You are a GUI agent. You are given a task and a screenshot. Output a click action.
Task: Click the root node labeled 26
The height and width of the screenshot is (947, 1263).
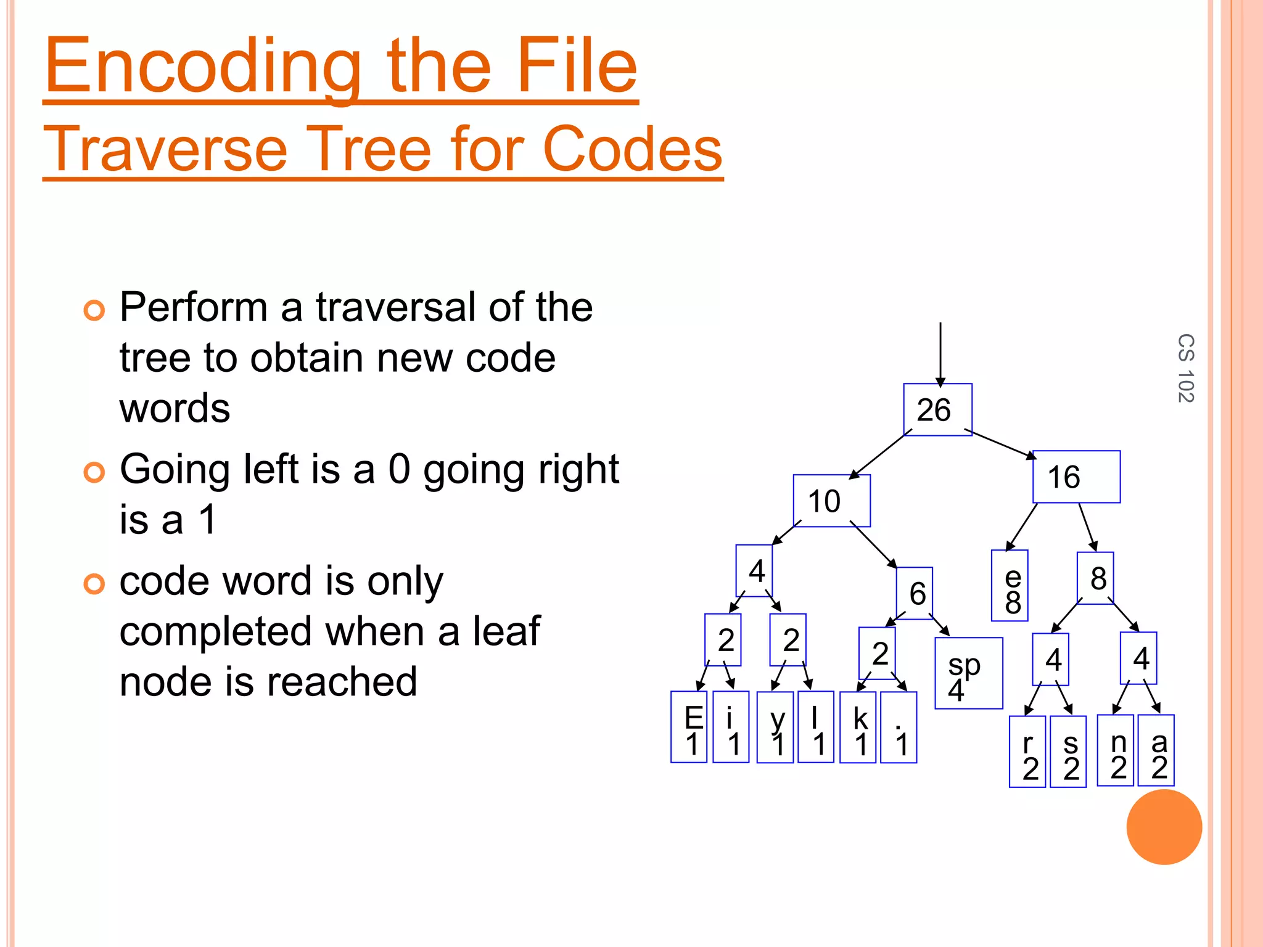[x=937, y=409]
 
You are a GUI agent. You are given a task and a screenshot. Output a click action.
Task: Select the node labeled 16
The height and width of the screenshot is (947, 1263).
[x=1076, y=477]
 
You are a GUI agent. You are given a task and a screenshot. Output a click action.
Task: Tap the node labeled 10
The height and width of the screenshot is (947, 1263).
[x=831, y=501]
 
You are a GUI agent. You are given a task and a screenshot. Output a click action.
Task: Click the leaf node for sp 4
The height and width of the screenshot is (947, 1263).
[x=968, y=673]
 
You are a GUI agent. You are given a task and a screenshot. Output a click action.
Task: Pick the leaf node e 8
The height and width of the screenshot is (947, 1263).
[x=1010, y=585]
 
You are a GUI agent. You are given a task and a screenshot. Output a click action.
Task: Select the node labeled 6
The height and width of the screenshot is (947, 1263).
[x=914, y=593]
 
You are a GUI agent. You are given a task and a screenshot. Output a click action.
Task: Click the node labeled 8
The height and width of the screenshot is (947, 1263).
[x=1095, y=578]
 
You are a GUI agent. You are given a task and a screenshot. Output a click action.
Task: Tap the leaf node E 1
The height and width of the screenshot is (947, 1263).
[x=689, y=727]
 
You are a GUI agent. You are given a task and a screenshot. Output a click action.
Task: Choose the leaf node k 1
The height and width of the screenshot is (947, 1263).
[x=858, y=728]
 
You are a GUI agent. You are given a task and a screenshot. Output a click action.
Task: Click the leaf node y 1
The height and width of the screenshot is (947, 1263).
[x=775, y=728]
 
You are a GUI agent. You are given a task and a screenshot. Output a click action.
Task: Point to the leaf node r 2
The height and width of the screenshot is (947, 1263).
[x=1027, y=752]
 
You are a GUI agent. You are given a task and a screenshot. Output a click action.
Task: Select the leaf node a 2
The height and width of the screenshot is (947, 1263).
[x=1156, y=750]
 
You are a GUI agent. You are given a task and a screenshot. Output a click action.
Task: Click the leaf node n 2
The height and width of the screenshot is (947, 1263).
[x=1116, y=750]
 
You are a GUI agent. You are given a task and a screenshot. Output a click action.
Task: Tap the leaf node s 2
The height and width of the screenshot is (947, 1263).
[x=1068, y=752]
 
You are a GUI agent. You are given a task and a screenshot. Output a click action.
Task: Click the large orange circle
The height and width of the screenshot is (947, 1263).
[x=1164, y=827]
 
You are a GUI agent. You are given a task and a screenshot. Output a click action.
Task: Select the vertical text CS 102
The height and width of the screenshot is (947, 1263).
[x=1185, y=368]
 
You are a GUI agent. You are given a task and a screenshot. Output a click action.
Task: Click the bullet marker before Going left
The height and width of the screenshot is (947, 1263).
[x=94, y=472]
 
